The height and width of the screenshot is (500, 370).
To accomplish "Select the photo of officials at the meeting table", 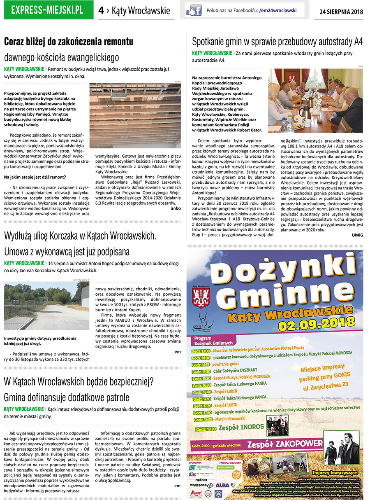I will [315, 101].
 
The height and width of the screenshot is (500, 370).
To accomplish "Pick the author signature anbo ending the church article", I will [176, 208].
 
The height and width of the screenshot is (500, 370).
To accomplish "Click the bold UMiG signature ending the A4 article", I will [357, 235].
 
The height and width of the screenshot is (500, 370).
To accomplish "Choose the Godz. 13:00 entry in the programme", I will [201, 351].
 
